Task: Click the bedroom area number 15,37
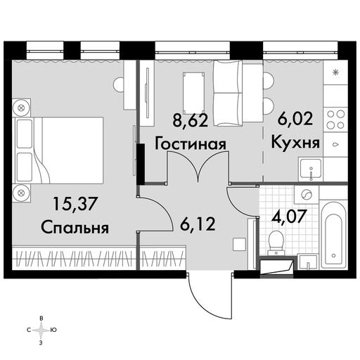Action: tap(75, 204)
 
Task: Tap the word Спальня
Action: tap(75, 227)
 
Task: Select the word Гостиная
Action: tap(191, 144)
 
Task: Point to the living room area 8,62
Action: tap(190, 121)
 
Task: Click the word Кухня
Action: tap(295, 142)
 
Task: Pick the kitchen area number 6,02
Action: tap(295, 119)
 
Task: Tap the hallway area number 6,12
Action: tap(198, 224)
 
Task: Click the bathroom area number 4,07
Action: tap(289, 217)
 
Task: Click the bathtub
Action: tap(333, 234)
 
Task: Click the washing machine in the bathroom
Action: tap(307, 195)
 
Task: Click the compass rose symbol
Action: tap(41, 330)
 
